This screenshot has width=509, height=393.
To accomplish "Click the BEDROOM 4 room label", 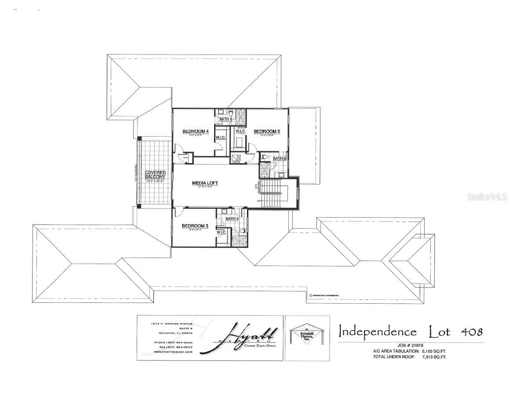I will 195,131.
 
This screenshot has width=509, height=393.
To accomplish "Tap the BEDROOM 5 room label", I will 267,131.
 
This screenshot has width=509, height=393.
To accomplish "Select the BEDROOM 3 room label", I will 195,226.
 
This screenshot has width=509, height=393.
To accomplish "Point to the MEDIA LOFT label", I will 205,183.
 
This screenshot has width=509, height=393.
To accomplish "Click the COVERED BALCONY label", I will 155,175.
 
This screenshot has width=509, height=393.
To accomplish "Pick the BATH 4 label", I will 225,119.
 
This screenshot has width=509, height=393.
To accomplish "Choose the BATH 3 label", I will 232,218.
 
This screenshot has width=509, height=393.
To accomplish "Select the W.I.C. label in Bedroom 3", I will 222,232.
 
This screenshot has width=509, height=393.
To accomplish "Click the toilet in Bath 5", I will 265,156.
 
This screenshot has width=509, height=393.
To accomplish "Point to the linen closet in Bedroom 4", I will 185,157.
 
